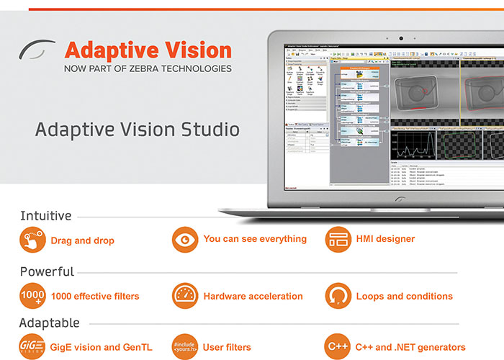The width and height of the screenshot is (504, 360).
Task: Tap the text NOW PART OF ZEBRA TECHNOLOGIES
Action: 148,69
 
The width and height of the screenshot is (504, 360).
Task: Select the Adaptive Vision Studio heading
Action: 138,130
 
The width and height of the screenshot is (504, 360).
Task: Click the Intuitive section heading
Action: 45,216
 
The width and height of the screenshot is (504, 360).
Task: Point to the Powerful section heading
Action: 47,271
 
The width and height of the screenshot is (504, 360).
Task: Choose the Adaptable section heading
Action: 49,323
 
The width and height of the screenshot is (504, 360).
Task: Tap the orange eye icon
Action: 185,240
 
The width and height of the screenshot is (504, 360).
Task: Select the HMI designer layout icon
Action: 338,240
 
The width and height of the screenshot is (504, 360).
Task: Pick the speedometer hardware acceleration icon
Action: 185,295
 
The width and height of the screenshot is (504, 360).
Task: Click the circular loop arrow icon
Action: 338,295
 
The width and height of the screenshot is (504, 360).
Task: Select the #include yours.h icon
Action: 185,346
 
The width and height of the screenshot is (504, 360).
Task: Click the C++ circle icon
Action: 338,346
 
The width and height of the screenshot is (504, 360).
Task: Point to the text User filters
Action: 227,347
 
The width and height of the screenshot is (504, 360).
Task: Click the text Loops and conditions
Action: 404,296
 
